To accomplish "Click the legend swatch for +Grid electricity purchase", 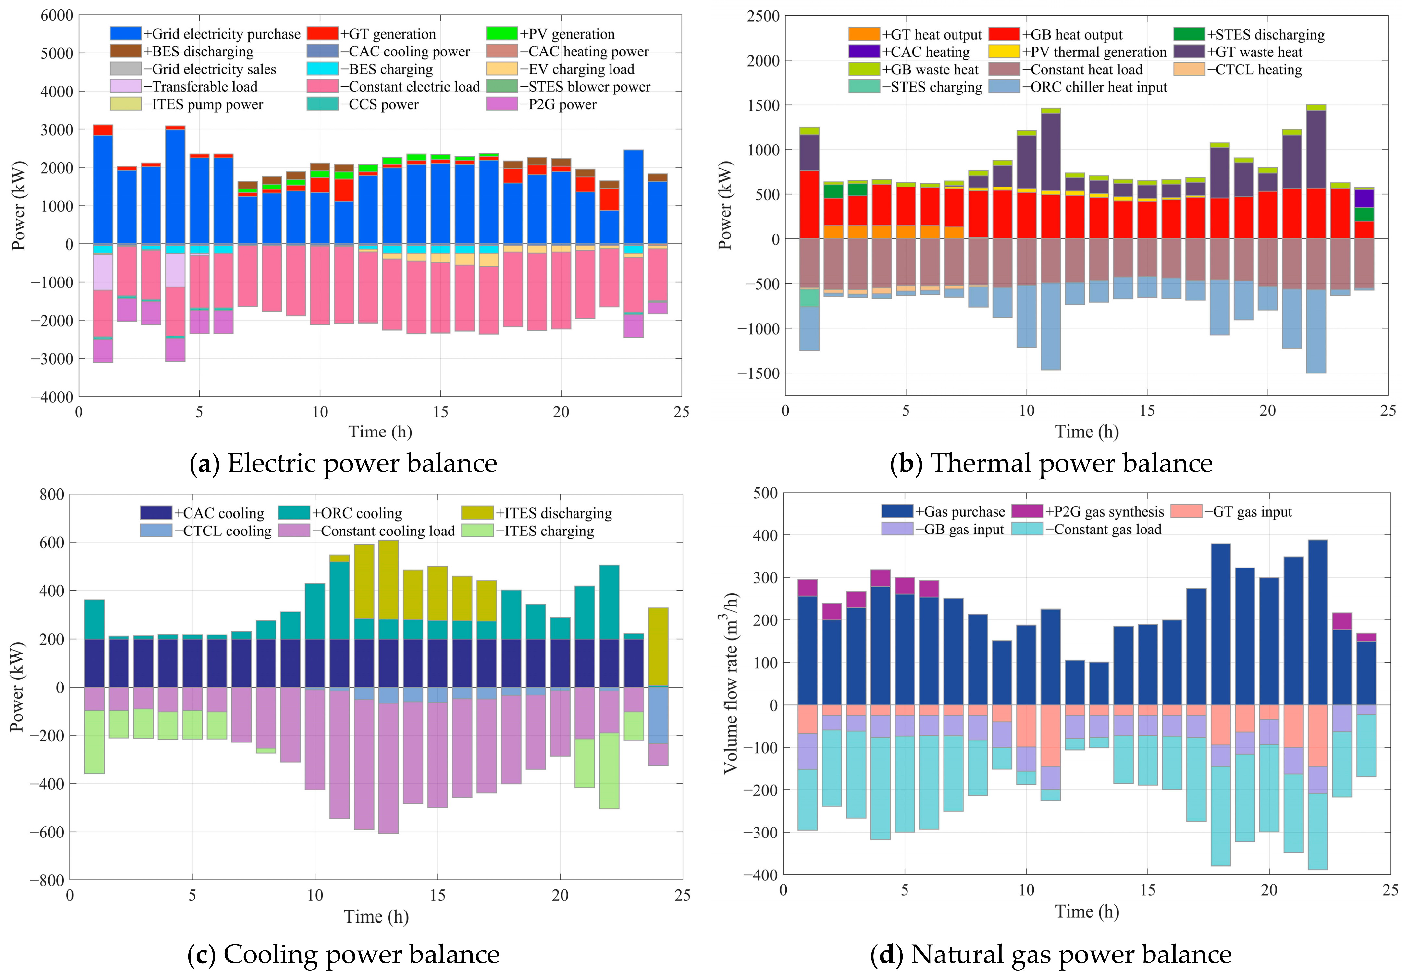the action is (x=126, y=33).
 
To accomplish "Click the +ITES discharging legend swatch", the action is (x=477, y=512).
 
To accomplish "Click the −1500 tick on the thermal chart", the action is (x=758, y=373).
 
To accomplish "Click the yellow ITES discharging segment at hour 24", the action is (x=658, y=646).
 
